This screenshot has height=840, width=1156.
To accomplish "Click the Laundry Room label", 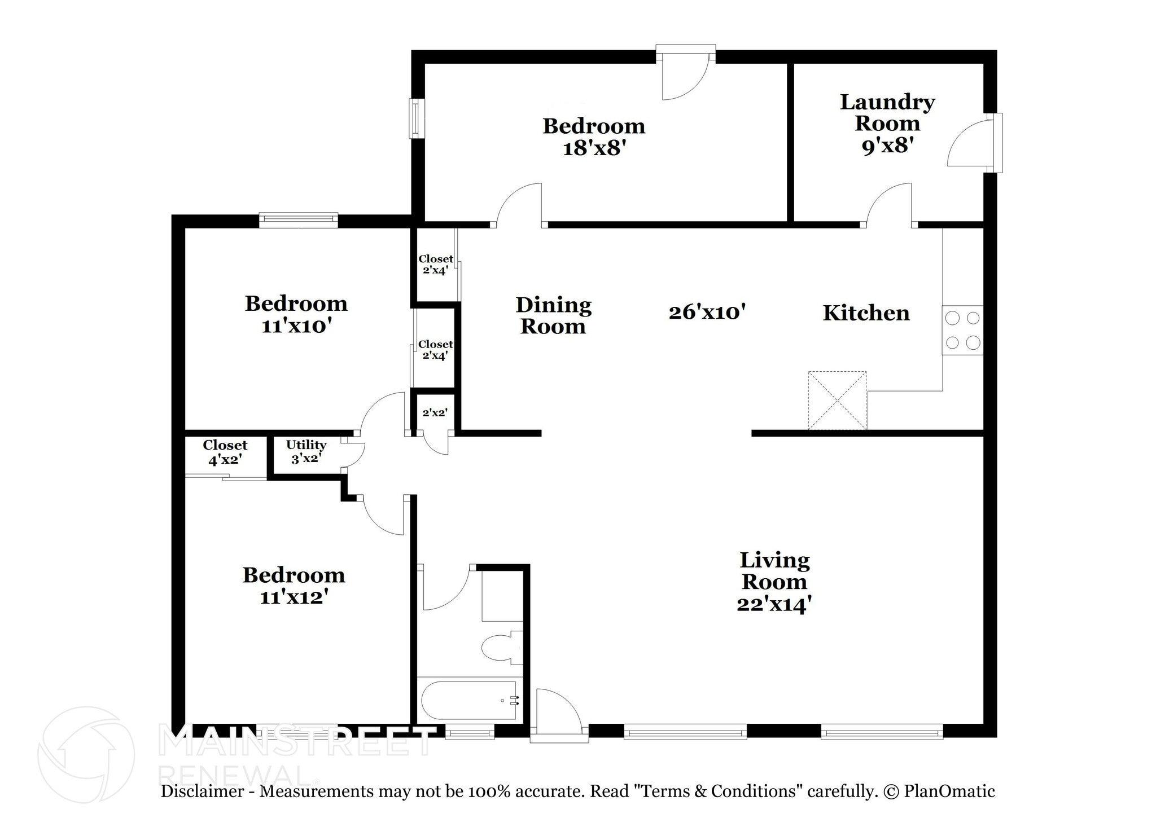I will click(887, 112).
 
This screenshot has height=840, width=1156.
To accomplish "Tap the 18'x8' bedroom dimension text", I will click(594, 148).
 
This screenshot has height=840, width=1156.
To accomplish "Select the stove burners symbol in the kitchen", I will click(962, 330).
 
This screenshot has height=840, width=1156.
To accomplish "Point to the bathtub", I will click(469, 700).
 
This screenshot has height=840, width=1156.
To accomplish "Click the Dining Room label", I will click(553, 316).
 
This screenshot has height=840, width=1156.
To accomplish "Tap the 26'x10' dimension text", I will click(707, 312).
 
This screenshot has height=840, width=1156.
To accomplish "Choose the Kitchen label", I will click(866, 313).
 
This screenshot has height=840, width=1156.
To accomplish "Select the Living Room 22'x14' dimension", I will click(774, 604).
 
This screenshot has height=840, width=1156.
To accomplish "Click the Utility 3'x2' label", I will click(306, 451).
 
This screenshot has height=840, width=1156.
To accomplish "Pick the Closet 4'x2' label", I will click(225, 452).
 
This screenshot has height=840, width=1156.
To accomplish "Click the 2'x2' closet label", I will click(435, 412).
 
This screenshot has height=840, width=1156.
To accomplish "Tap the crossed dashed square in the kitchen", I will click(837, 400).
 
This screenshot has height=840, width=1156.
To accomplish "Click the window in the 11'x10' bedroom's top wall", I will click(298, 220).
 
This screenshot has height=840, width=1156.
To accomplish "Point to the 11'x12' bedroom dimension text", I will click(294, 597).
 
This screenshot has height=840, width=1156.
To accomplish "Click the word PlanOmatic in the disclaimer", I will click(949, 791).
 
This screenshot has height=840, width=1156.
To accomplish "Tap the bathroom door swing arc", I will click(449, 590).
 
